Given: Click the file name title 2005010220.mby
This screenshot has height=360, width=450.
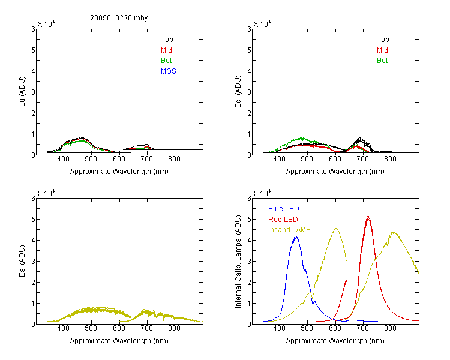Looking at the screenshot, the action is point(119,18).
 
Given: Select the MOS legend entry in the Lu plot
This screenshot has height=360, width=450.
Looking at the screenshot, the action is point(169,71).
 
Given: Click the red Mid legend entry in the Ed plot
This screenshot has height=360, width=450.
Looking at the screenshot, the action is point(382,50).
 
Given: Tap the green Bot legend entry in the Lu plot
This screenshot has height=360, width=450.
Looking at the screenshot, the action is point(166,61).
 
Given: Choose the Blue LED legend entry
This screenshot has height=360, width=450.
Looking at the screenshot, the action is point(284,209).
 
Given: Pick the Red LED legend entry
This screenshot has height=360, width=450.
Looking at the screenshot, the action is point(283,220).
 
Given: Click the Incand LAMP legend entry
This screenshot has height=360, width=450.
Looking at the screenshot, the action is point(289,230).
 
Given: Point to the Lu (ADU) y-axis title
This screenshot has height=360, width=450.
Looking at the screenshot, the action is point(22,92).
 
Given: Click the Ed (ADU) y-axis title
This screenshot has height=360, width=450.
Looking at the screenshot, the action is point(238,92).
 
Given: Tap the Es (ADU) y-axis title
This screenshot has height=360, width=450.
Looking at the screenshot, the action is point(22,261).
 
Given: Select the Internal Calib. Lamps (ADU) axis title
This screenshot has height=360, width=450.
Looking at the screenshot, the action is point(238,262).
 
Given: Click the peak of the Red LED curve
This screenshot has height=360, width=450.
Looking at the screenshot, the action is point(368,217).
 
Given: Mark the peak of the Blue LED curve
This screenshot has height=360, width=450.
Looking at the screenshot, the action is point(296,237).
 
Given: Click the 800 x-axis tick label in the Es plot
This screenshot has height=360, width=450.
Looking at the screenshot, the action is point(174,328).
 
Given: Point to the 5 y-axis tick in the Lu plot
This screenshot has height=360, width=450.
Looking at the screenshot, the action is point(33,50).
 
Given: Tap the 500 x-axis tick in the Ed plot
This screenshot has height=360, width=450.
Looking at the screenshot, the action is point(307,159).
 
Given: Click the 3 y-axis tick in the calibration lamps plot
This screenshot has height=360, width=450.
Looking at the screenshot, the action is point(249,261).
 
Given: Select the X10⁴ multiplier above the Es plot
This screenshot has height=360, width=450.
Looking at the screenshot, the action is point(46,193).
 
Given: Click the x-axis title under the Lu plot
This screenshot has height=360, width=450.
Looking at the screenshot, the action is point(119,172).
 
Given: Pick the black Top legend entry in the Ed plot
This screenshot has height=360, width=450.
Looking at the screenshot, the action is point(383,40).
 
